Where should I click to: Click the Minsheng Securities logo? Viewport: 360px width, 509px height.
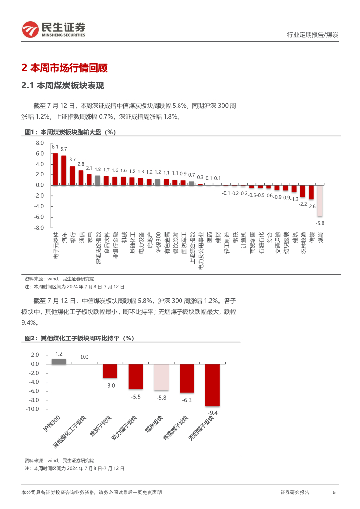(x=54, y=30)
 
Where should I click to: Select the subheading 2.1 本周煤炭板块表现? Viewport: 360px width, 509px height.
(x=63, y=86)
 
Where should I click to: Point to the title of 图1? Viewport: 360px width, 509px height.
(x=70, y=132)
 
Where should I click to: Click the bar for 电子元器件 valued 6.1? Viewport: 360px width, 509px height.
(x=55, y=169)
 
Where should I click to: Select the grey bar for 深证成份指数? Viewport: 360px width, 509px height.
(x=98, y=180)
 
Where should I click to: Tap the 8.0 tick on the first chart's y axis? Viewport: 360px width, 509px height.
(x=40, y=143)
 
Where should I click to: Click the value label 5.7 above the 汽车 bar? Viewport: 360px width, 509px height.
(x=64, y=149)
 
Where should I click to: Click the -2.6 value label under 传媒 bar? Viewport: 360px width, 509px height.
(x=312, y=206)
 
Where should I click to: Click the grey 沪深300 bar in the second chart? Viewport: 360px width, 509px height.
(x=59, y=361)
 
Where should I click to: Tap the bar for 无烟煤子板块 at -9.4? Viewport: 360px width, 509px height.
(x=212, y=385)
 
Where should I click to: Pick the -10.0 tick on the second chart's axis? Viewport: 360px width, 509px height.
(x=32, y=409)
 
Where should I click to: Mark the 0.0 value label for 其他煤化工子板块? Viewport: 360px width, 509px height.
(x=84, y=357)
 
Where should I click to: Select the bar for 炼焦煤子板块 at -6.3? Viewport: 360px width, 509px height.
(x=186, y=378)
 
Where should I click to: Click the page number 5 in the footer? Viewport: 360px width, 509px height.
(x=334, y=492)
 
